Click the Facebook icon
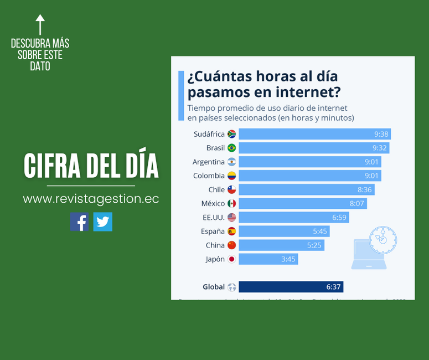(79, 222)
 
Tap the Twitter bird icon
(102, 222)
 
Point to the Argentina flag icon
(231, 162)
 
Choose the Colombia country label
(209, 176)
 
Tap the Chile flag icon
(231, 189)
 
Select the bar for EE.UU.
(293, 217)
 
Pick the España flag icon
(231, 231)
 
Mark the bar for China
(281, 245)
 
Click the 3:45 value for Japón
(288, 259)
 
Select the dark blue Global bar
(291, 287)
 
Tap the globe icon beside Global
(231, 287)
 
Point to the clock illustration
(383, 239)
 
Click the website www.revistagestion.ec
(91, 199)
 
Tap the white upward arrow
(40, 25)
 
